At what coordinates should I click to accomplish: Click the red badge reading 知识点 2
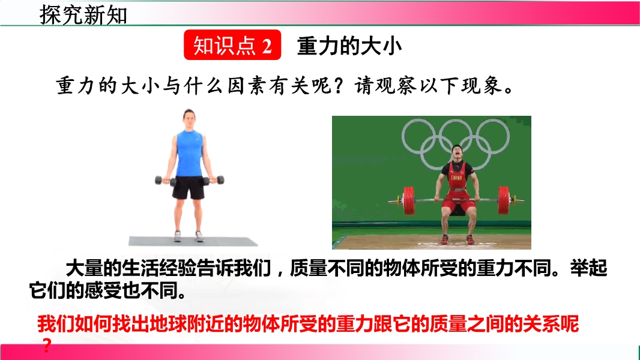click(x=232, y=45)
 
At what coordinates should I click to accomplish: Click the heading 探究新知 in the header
click(x=83, y=14)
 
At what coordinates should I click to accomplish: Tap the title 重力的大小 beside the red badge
click(x=349, y=46)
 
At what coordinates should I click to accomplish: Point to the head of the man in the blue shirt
click(x=189, y=119)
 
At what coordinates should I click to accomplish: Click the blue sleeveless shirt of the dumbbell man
click(x=189, y=153)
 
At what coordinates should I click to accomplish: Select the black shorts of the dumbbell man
click(x=188, y=187)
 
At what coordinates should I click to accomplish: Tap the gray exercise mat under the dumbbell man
click(x=193, y=241)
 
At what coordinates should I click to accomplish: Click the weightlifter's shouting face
click(x=457, y=152)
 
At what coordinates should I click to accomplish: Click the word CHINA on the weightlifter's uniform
click(x=456, y=178)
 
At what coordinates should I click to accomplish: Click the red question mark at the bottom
click(x=47, y=346)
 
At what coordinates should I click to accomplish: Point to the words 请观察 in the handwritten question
click(x=385, y=86)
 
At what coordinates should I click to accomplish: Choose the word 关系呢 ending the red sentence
click(x=551, y=324)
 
